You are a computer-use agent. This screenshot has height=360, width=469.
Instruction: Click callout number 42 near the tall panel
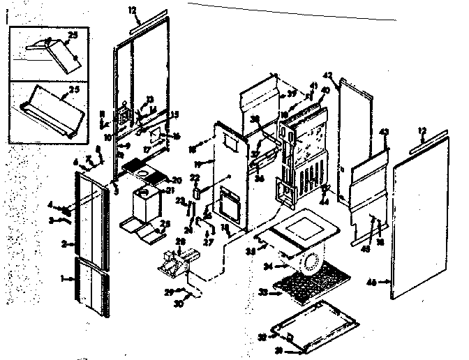[328, 75]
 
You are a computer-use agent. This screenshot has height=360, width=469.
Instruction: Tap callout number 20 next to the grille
[177, 179]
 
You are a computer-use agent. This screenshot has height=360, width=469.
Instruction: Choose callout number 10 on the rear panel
[109, 137]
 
